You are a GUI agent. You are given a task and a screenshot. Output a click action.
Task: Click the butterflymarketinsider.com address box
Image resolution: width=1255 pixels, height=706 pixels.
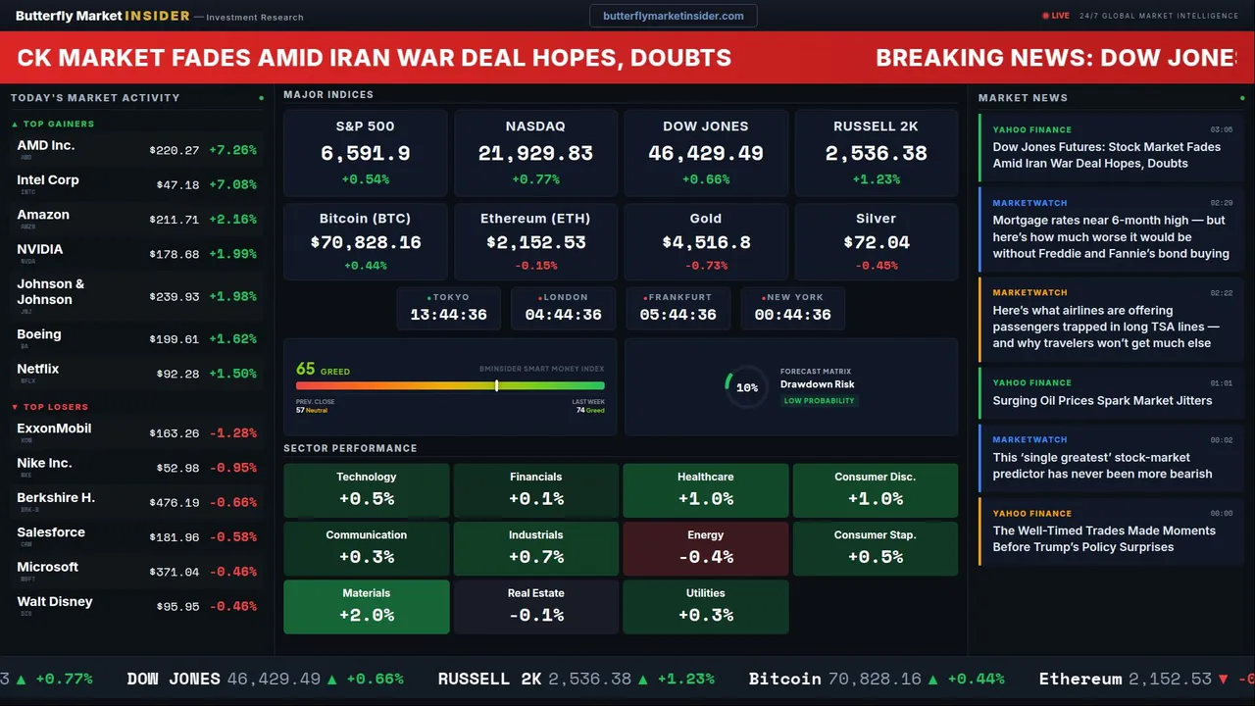click(674, 16)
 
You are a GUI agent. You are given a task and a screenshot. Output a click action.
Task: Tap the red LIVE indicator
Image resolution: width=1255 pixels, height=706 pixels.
click(1056, 16)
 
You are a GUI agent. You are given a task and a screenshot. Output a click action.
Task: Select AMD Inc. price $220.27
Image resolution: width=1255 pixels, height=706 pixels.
click(175, 150)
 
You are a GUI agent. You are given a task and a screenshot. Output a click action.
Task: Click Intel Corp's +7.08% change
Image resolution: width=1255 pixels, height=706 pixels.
click(232, 184)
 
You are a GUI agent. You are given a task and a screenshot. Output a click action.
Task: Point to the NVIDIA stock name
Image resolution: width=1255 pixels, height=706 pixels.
click(40, 249)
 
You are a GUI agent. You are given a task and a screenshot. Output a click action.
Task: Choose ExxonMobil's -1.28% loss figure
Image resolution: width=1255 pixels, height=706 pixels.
click(232, 432)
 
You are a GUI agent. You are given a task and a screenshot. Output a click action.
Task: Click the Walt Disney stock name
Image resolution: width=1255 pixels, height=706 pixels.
click(55, 601)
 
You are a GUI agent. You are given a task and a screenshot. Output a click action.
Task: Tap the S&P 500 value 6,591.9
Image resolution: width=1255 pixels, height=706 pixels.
click(365, 153)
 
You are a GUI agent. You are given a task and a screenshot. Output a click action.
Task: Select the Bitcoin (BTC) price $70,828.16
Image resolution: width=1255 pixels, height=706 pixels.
click(365, 241)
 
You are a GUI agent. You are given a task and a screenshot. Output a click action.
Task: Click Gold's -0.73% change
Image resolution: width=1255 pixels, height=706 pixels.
click(706, 266)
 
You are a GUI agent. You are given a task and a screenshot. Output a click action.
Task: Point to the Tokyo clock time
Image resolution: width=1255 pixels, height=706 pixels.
click(448, 315)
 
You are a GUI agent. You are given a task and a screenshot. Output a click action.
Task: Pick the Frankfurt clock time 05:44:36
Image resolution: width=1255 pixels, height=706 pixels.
click(678, 315)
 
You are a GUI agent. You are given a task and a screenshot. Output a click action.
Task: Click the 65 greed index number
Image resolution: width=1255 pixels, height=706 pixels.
click(306, 369)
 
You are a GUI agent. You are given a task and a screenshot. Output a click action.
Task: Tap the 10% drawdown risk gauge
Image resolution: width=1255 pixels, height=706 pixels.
click(746, 387)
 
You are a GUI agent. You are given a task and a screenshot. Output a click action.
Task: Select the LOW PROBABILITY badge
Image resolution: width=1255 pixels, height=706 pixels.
click(819, 401)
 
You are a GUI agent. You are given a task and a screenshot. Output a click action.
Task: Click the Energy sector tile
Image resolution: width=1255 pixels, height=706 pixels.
click(706, 548)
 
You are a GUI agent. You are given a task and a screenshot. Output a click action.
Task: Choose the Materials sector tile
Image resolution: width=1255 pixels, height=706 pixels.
click(367, 606)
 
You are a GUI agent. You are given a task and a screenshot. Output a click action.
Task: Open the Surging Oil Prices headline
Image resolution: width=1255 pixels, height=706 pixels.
click(1102, 400)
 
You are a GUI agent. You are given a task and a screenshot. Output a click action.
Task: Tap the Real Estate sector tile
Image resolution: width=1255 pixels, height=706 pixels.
click(536, 606)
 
